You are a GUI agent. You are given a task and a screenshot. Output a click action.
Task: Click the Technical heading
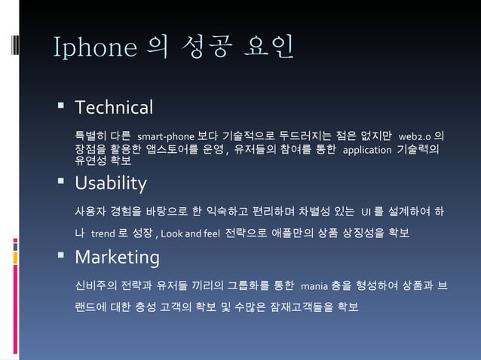click(x=115, y=107)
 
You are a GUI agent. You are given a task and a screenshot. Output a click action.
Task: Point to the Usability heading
click(x=112, y=183)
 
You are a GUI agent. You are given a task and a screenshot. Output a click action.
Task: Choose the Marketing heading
click(x=117, y=258)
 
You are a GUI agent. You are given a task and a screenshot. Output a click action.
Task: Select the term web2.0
click(x=415, y=136)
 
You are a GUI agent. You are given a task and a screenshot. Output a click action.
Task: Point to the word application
click(x=367, y=149)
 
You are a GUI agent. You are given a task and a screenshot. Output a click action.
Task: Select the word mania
click(x=314, y=286)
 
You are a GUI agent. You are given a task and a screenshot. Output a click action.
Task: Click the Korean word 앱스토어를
click(x=165, y=149)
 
